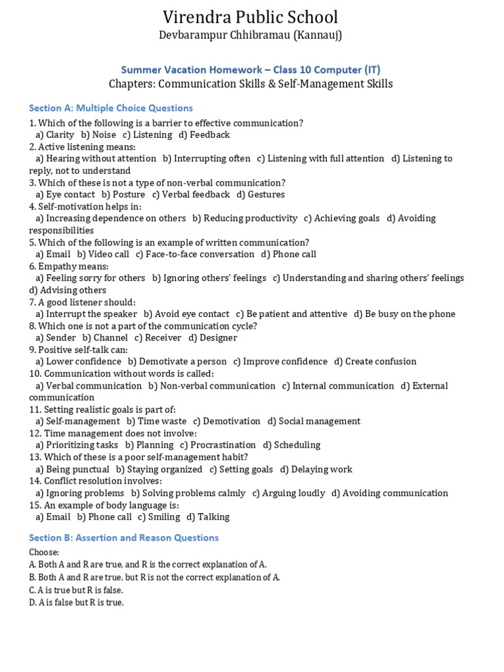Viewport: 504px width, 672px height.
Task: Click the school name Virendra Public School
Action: pos(250,17)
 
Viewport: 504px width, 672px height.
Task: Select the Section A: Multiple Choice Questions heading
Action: pos(111,108)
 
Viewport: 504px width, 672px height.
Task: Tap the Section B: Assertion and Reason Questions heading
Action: pos(124,537)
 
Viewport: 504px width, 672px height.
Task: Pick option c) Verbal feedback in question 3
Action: pos(191,194)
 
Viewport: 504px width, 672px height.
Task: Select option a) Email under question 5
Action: pos(53,254)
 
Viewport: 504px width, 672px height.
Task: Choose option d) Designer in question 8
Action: pos(213,337)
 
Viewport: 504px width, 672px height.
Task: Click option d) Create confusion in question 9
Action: pos(375,362)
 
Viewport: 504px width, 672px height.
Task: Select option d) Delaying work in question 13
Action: pos(316,469)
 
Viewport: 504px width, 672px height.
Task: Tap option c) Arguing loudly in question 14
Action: pos(289,493)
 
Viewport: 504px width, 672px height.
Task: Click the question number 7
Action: pos(32,302)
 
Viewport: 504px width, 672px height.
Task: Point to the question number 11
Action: pos(35,409)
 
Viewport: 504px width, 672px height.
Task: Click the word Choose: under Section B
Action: pos(44,553)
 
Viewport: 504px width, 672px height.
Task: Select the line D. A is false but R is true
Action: pos(76,602)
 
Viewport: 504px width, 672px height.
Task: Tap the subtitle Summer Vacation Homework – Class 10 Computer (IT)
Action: pos(251,70)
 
